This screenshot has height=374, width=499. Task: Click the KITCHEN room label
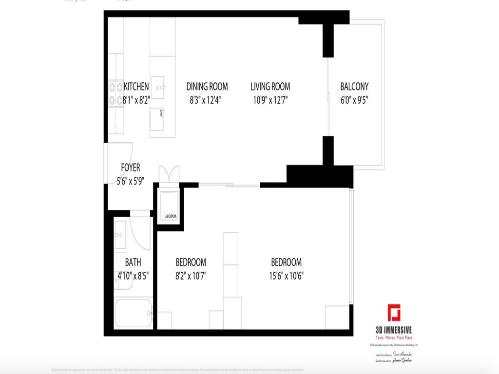pyautogui.click(x=136, y=87)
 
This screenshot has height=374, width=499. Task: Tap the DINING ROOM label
pyautogui.click(x=207, y=87)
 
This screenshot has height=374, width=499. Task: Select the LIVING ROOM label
pyautogui.click(x=270, y=87)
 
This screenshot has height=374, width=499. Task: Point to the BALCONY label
pyautogui.click(x=354, y=87)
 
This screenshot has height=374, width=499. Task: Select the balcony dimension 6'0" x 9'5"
pyautogui.click(x=354, y=101)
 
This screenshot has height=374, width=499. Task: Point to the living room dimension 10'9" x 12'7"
pyautogui.click(x=270, y=101)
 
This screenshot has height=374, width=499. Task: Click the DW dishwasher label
pyautogui.click(x=161, y=113)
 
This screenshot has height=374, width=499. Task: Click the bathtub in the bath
pyautogui.click(x=134, y=314)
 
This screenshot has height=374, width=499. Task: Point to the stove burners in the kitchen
pyautogui.click(x=116, y=94)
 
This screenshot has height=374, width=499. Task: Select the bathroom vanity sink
pyautogui.click(x=120, y=235)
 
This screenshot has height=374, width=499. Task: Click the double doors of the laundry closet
pyautogui.click(x=169, y=174)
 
